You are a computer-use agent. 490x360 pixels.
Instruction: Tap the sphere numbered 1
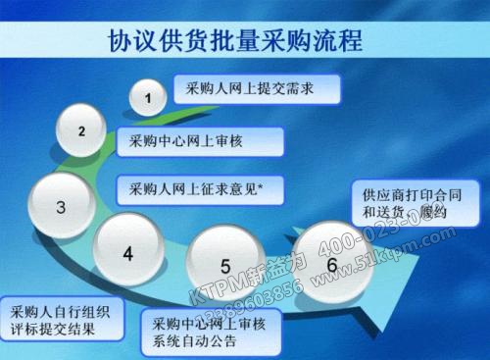(x=148, y=97)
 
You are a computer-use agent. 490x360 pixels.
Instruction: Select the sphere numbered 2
(x=82, y=129)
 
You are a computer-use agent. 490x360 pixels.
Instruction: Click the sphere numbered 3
(x=61, y=206)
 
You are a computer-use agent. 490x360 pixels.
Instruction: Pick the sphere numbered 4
(x=127, y=252)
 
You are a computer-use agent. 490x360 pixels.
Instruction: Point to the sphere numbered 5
(x=225, y=265)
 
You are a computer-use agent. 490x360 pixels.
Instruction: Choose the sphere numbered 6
(x=332, y=264)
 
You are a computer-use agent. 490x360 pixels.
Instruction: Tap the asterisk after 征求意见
(x=279, y=186)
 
